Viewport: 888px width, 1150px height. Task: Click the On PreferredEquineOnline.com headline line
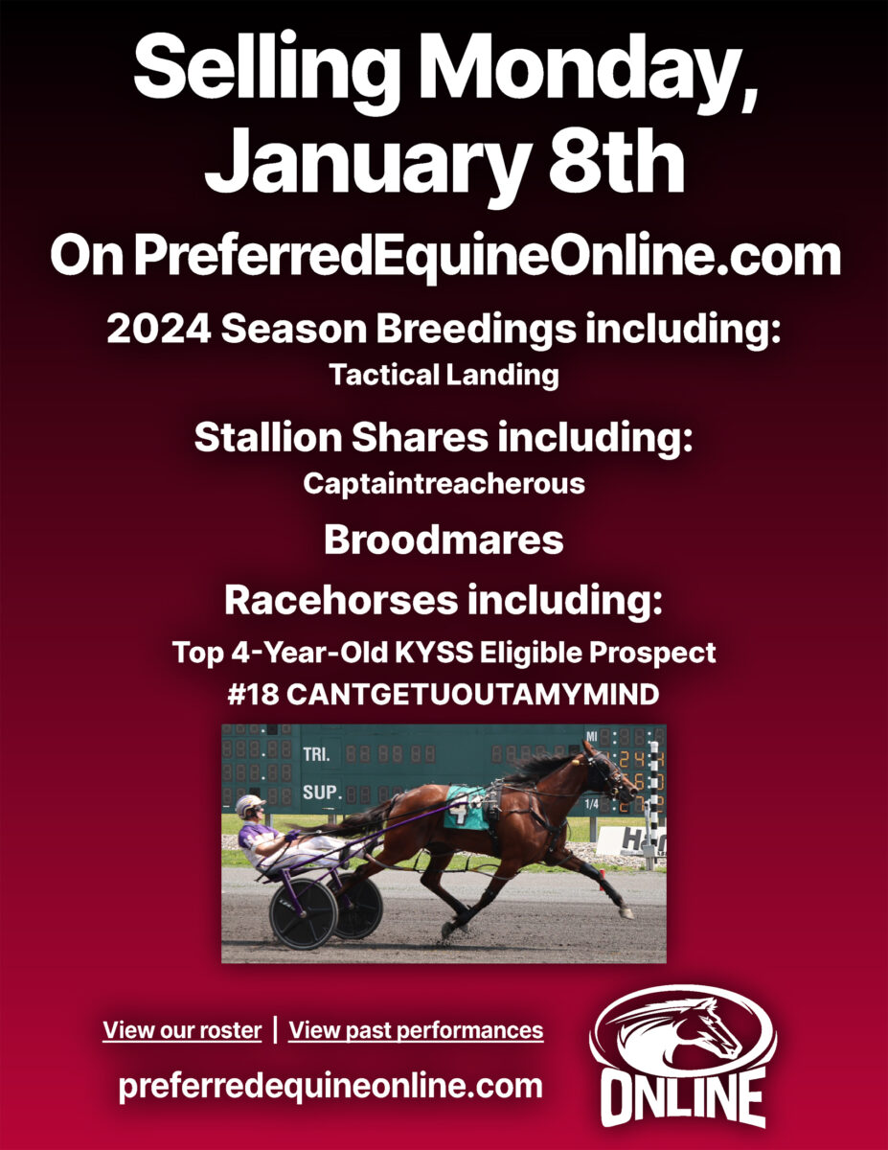coord(444,257)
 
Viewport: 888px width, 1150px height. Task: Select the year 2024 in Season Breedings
coord(159,329)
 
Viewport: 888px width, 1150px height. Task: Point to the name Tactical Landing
coord(444,375)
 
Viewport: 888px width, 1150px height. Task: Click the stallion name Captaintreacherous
coord(444,484)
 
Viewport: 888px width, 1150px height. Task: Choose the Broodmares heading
coord(444,540)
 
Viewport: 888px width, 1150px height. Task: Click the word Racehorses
coord(341,601)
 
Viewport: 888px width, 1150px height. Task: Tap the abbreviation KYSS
coord(434,653)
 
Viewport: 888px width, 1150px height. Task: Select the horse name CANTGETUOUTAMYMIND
coord(473,695)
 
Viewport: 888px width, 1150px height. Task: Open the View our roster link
coord(182,1030)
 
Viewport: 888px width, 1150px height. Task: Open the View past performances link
coord(417,1030)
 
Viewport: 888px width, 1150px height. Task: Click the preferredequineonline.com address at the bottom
coord(330,1087)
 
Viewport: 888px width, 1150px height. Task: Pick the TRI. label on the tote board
coord(316,754)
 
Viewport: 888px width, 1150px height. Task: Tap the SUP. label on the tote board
coord(320,793)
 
